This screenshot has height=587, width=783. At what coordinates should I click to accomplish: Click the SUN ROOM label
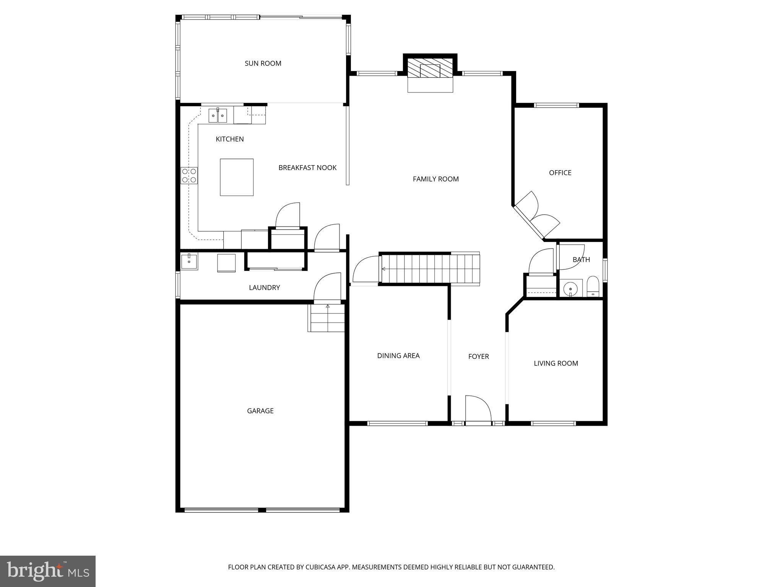[263, 63]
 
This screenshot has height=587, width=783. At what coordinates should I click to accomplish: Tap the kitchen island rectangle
[237, 177]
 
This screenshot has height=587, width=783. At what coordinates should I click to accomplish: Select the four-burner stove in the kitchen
[189, 175]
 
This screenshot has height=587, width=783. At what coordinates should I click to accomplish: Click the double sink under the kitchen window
[218, 115]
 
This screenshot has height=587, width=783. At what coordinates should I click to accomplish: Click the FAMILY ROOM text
[435, 179]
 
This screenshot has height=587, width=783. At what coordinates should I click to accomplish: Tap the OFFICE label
[560, 173]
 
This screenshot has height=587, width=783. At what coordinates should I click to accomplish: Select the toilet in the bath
[593, 286]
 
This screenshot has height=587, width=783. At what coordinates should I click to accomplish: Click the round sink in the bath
[570, 288]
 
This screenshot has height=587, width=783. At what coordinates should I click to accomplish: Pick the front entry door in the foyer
[478, 411]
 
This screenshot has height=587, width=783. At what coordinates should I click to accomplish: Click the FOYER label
[478, 357]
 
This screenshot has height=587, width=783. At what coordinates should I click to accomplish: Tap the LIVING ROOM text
[556, 363]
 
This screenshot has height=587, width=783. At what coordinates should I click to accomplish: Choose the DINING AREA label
[398, 356]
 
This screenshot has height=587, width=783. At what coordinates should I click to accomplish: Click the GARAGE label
[260, 411]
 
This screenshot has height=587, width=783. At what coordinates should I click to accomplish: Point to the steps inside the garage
[327, 318]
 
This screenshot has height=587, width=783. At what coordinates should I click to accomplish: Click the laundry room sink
[189, 262]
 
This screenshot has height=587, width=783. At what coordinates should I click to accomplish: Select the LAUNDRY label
[264, 288]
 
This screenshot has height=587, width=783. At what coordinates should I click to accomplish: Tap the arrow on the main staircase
[383, 269]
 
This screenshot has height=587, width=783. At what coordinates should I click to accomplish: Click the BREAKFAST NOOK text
[307, 168]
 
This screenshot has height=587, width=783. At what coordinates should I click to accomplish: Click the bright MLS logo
[48, 571]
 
